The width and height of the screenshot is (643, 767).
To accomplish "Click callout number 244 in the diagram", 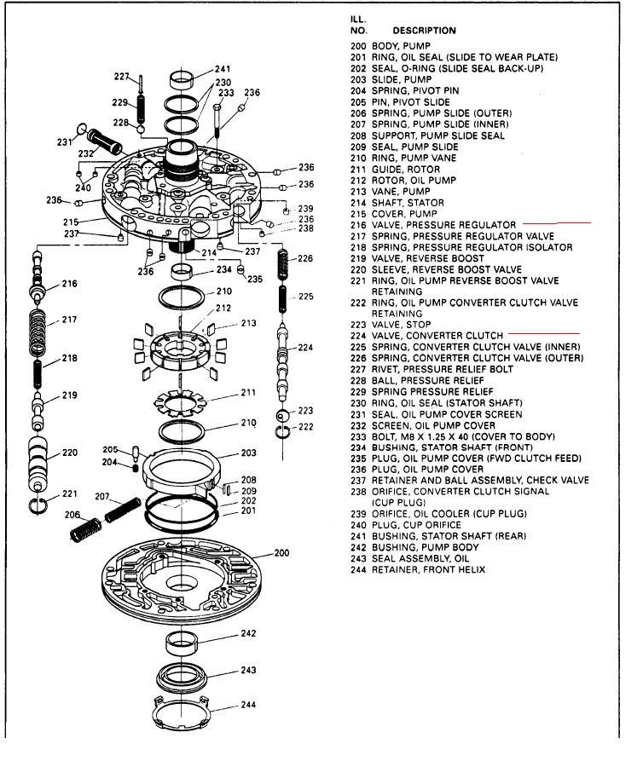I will pyautogui.click(x=248, y=705).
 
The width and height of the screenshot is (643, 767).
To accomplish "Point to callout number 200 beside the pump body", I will pyautogui.click(x=281, y=553).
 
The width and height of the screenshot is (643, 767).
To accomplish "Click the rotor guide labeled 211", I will pyautogui.click(x=181, y=398).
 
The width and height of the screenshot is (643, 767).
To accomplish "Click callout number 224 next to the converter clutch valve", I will pyautogui.click(x=306, y=348).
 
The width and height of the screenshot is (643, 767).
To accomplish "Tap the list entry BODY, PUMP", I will pyautogui.click(x=401, y=46).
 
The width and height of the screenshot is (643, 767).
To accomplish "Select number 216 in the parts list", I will pyautogui.click(x=358, y=224).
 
